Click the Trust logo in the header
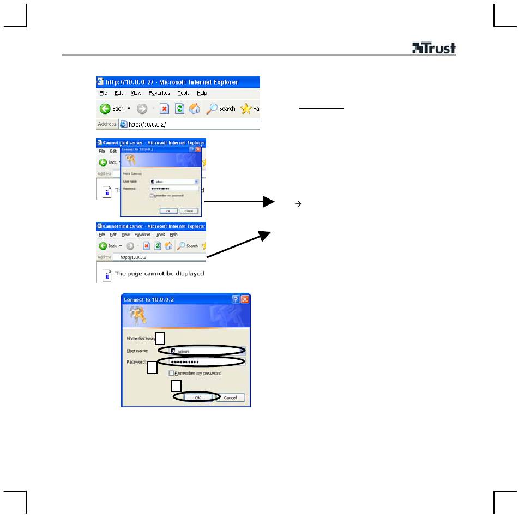433,49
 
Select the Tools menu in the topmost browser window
183,93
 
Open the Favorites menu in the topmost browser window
159,93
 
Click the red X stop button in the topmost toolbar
164,109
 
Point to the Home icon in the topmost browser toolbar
195,109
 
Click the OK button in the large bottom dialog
197,397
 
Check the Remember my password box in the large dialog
172,374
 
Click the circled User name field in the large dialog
202,351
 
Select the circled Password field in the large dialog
202,362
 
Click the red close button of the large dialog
245,299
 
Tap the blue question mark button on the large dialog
236,299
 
